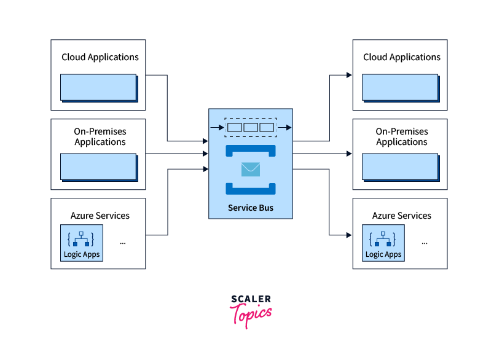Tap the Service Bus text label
click(x=251, y=208)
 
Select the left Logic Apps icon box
click(x=82, y=243)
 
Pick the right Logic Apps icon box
click(x=383, y=243)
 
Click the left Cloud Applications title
click(x=100, y=57)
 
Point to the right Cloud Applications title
click(x=402, y=57)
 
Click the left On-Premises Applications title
click(x=100, y=136)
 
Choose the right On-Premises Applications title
click(x=402, y=136)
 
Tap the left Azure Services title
click(x=100, y=216)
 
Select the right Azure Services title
click(x=402, y=216)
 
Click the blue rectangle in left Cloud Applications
click(x=98, y=87)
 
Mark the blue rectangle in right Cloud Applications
click(x=400, y=87)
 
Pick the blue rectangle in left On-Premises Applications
click(x=98, y=166)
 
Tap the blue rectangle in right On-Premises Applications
click(x=400, y=166)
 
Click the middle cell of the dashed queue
click(x=251, y=128)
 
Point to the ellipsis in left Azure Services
click(x=123, y=242)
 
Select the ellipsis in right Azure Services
click(x=425, y=242)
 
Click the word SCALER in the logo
click(x=251, y=300)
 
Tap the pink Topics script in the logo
click(x=251, y=314)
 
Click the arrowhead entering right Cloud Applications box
click(x=349, y=75)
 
